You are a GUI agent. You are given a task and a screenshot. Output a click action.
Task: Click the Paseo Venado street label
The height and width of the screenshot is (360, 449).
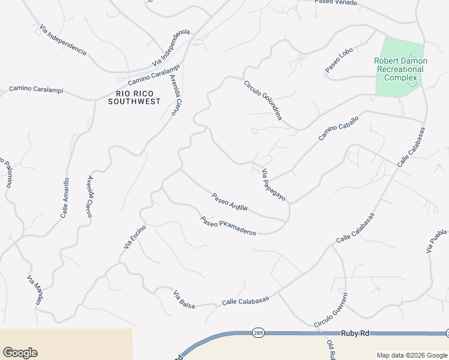336,2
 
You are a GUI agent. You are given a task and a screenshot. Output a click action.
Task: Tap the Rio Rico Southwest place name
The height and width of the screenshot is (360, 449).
134,97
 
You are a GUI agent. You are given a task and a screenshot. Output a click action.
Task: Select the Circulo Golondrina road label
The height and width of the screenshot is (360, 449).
263,100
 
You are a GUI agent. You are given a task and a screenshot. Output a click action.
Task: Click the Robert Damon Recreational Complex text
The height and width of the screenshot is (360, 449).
400,69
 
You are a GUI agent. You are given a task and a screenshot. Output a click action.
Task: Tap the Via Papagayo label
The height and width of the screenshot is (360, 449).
273,185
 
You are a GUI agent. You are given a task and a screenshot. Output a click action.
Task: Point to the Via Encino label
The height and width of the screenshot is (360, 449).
134,236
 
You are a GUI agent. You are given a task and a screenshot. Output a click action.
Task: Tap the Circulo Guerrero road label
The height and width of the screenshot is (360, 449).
331,310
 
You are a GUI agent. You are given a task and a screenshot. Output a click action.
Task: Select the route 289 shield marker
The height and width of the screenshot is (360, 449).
257,332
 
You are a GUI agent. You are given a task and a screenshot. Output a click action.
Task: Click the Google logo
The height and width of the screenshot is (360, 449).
20,353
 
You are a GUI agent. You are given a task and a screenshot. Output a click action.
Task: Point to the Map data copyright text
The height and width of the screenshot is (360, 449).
412,355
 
